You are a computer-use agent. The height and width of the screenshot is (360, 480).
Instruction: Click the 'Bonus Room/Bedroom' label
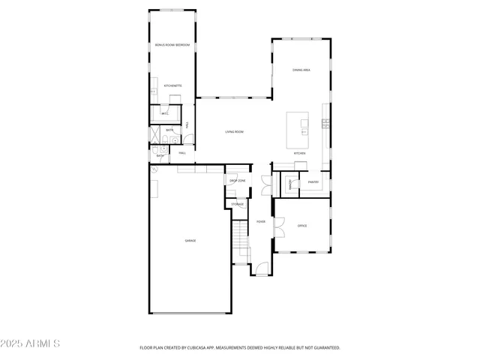(172, 46)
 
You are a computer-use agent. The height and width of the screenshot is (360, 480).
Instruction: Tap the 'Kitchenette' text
(172, 86)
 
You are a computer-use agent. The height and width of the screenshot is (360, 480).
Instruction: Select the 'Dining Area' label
(301, 70)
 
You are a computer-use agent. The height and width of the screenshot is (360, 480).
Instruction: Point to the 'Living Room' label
(235, 132)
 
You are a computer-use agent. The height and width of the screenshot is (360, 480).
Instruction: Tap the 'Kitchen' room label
(299, 153)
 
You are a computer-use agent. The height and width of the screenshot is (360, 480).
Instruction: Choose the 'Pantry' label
(313, 181)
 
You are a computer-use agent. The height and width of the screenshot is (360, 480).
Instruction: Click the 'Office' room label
(302, 226)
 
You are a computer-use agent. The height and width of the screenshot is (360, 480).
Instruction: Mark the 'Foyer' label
(260, 222)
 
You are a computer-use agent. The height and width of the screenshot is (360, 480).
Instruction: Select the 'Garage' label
(190, 240)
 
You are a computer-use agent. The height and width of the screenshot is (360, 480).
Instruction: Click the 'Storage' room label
(237, 204)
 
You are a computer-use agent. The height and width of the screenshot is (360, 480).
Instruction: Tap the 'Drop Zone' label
(237, 181)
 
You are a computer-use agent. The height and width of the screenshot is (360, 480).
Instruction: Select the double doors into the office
(276, 223)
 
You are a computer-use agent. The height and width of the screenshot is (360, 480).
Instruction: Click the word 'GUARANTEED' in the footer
(325, 348)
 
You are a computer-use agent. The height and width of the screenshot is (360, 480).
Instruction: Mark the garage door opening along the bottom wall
(190, 313)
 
